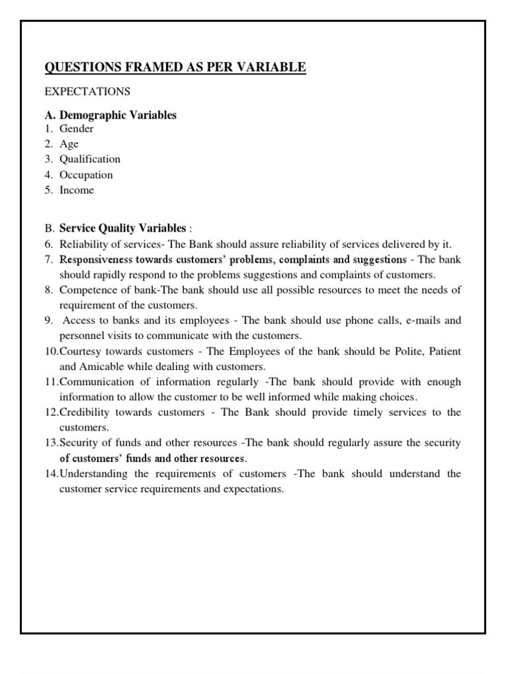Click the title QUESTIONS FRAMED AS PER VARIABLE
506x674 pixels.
[175, 67]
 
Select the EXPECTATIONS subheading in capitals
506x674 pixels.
[87, 91]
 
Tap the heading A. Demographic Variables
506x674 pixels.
[111, 115]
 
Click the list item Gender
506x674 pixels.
[76, 129]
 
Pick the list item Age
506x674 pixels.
[69, 144]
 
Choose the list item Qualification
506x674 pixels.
[90, 159]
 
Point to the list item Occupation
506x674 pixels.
[86, 175]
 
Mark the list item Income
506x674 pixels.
[77, 190]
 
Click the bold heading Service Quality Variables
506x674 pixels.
[123, 228]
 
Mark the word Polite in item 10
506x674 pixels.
[408, 351]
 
